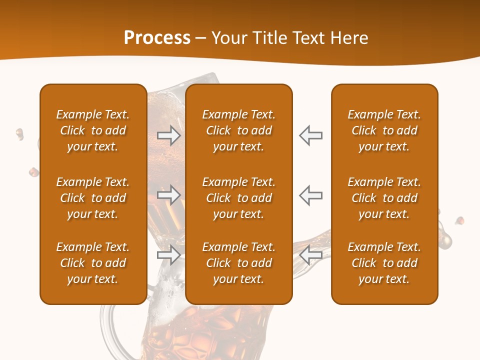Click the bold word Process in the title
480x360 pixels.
coord(157,38)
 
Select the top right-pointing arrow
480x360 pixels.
coord(169,135)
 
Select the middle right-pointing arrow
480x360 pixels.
coord(169,195)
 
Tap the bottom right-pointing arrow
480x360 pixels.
coord(169,255)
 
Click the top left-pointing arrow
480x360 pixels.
coord(310,135)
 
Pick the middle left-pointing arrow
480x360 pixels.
coord(310,195)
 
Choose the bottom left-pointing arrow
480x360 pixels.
coord(310,255)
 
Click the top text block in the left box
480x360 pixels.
coord(93,130)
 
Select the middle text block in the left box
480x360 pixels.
coord(93,198)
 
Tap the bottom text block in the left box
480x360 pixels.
coord(93,263)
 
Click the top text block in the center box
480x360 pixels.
coord(239,130)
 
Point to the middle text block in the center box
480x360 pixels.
coord(239,198)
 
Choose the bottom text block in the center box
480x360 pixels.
coord(239,263)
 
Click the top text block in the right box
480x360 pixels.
coord(384,130)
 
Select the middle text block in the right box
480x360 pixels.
coord(384,198)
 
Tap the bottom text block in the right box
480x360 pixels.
coord(384,263)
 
